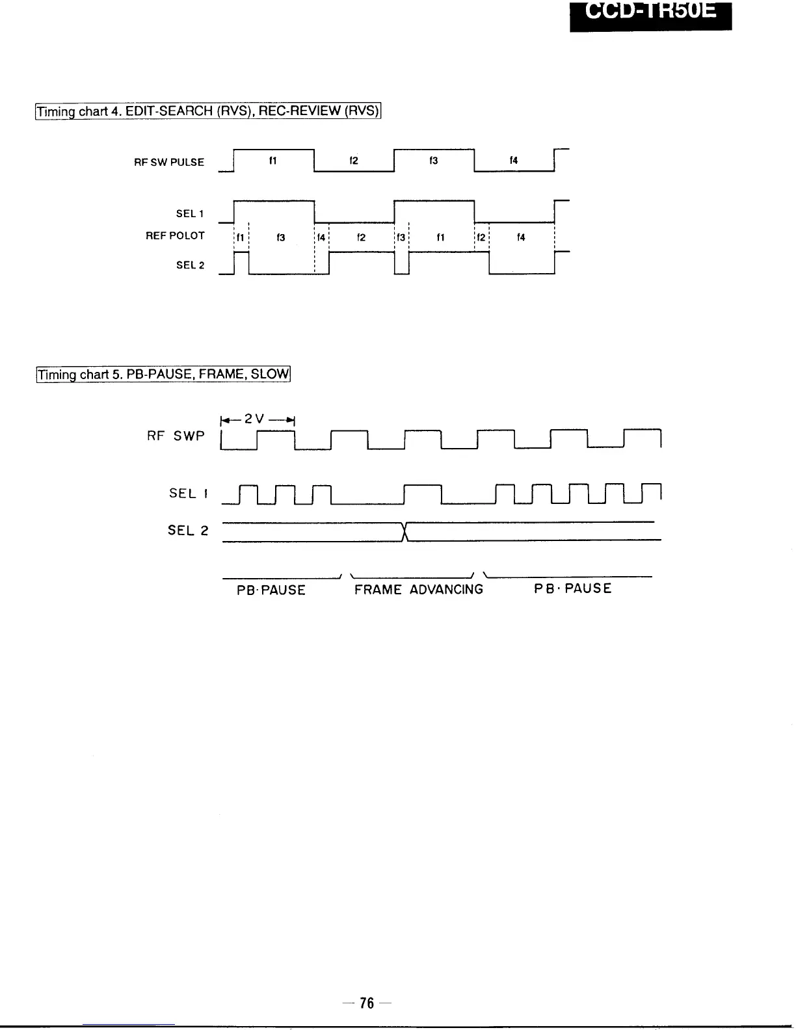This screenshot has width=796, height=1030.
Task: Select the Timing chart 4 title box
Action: point(207,111)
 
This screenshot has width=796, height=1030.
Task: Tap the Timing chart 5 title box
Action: point(163,375)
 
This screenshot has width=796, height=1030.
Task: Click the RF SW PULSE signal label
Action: point(169,163)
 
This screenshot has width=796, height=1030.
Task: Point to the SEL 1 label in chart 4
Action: point(190,214)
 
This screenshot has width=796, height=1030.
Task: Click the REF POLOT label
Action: point(175,236)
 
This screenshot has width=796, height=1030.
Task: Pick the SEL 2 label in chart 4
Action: point(190,265)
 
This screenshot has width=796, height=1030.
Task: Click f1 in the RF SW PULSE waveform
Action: point(273,161)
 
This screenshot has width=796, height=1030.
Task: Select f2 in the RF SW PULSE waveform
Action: point(353,161)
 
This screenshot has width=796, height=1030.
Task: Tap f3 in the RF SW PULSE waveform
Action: point(434,161)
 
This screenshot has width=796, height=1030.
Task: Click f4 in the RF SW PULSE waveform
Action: point(514,161)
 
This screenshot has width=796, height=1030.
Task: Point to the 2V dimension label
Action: point(258,419)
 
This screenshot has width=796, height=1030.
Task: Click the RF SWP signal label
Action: point(176,436)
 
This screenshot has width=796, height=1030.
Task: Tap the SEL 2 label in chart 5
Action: point(188,531)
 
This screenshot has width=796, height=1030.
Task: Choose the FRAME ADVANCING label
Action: point(419,590)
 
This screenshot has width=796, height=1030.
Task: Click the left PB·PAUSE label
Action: point(271,590)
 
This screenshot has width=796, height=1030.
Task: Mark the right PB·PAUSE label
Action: point(573,589)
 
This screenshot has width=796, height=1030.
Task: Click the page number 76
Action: point(367,1003)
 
